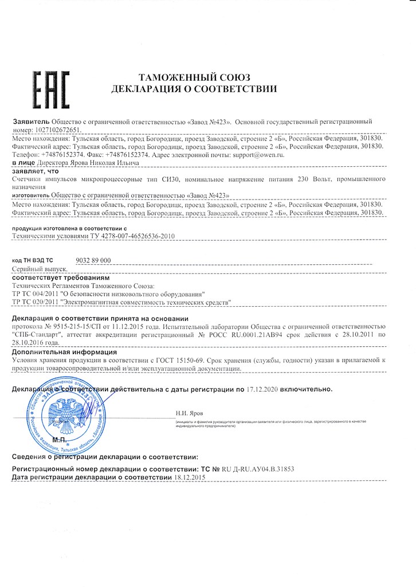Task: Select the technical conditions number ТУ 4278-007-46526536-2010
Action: pyautogui.click(x=114, y=236)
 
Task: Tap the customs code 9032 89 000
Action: pyautogui.click(x=93, y=260)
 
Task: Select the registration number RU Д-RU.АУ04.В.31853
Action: pyautogui.click(x=252, y=468)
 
